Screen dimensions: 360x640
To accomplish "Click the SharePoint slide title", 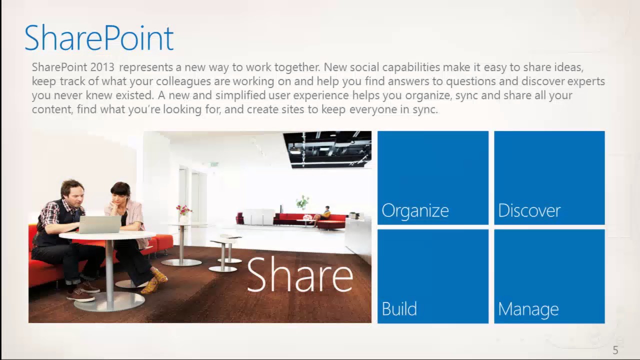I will point(99,38).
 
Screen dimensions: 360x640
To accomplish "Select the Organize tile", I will point(432,178).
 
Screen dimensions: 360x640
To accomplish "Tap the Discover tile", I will point(549,178).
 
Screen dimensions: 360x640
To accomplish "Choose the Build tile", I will point(432,276).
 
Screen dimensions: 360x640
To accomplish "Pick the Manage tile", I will point(549,276).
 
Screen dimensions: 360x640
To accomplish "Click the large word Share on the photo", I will point(299,274).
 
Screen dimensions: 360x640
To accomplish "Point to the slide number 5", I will point(615,350).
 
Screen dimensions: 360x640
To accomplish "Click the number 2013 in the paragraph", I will point(102,67).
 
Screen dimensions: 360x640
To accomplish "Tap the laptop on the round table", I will point(99,224).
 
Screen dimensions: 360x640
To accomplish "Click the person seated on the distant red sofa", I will point(325,213).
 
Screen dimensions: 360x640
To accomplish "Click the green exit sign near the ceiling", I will point(214,164).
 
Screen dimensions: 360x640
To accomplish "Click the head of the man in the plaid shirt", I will point(72,191).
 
